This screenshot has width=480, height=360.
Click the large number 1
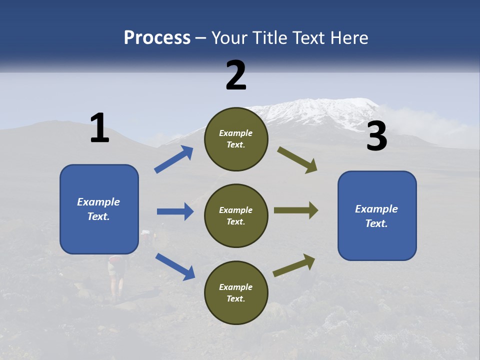pos(99,128)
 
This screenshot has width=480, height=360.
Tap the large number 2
pos(236,75)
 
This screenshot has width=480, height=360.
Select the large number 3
pos(376,136)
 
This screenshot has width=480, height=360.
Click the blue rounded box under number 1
pos(99,209)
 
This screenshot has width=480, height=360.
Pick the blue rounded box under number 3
pos(377,216)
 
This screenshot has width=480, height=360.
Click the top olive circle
pos(236,139)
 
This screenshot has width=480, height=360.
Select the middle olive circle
pos(236,215)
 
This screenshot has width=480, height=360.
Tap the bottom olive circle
pos(236,292)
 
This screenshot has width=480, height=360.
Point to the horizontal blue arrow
pos(175,211)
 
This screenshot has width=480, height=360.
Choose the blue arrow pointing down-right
pos(175,266)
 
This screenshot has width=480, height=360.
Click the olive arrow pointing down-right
pos(297,160)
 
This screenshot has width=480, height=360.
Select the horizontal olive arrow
pos(296,210)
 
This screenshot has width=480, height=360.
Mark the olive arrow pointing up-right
pos(294,265)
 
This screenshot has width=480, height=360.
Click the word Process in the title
pos(157,37)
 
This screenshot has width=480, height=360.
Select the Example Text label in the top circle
pos(236,139)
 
